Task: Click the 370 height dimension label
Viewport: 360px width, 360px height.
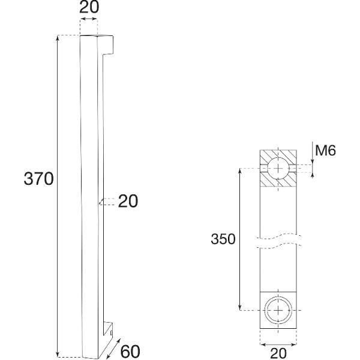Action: [x=38, y=179]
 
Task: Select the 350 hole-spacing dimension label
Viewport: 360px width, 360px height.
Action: [x=223, y=239]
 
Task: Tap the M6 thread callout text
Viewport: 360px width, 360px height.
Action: [x=325, y=151]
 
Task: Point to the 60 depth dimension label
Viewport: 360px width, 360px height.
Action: [x=130, y=351]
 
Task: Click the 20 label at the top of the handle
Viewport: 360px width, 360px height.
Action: [x=89, y=7]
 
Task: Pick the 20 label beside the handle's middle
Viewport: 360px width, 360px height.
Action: [x=128, y=202]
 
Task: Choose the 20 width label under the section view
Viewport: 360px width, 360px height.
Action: [x=278, y=353]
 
